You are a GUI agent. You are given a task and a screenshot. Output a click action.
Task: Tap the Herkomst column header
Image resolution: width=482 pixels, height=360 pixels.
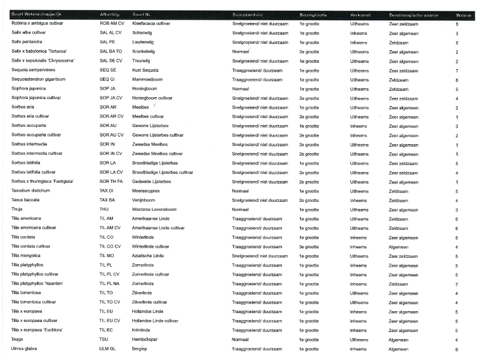pos(360,14)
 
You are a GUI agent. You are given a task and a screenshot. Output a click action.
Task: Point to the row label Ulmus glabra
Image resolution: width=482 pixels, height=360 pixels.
pos(24,349)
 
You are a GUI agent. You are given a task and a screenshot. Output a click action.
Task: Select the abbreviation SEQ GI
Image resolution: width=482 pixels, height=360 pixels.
pos(107,79)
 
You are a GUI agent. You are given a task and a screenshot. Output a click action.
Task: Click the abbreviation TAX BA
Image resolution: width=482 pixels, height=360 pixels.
pos(107,200)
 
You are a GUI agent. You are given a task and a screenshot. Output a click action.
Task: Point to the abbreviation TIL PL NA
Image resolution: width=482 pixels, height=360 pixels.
pos(110,284)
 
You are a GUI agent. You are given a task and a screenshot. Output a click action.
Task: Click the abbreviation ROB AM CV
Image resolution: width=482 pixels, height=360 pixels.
pos(112,23)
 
